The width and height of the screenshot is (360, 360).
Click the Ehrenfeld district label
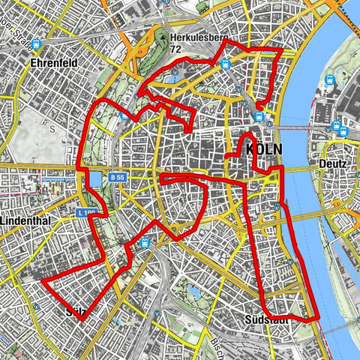(53, 64)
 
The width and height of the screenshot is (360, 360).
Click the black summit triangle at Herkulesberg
(162, 35)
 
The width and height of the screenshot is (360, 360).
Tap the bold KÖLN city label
(263, 150)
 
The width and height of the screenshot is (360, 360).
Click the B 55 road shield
(116, 178)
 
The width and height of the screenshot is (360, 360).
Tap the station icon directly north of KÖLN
(259, 116)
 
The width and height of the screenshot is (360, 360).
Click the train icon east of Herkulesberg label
(224, 65)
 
